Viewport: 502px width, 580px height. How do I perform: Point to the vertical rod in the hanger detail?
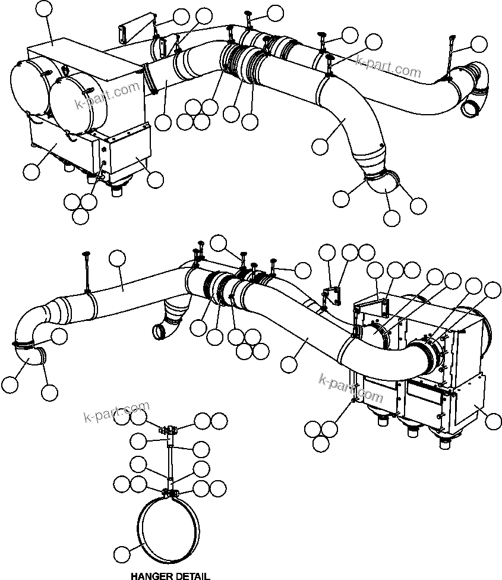[171, 458]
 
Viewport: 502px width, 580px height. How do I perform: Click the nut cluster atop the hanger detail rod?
[169, 428]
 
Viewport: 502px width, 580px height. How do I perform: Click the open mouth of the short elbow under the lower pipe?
[159, 332]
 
